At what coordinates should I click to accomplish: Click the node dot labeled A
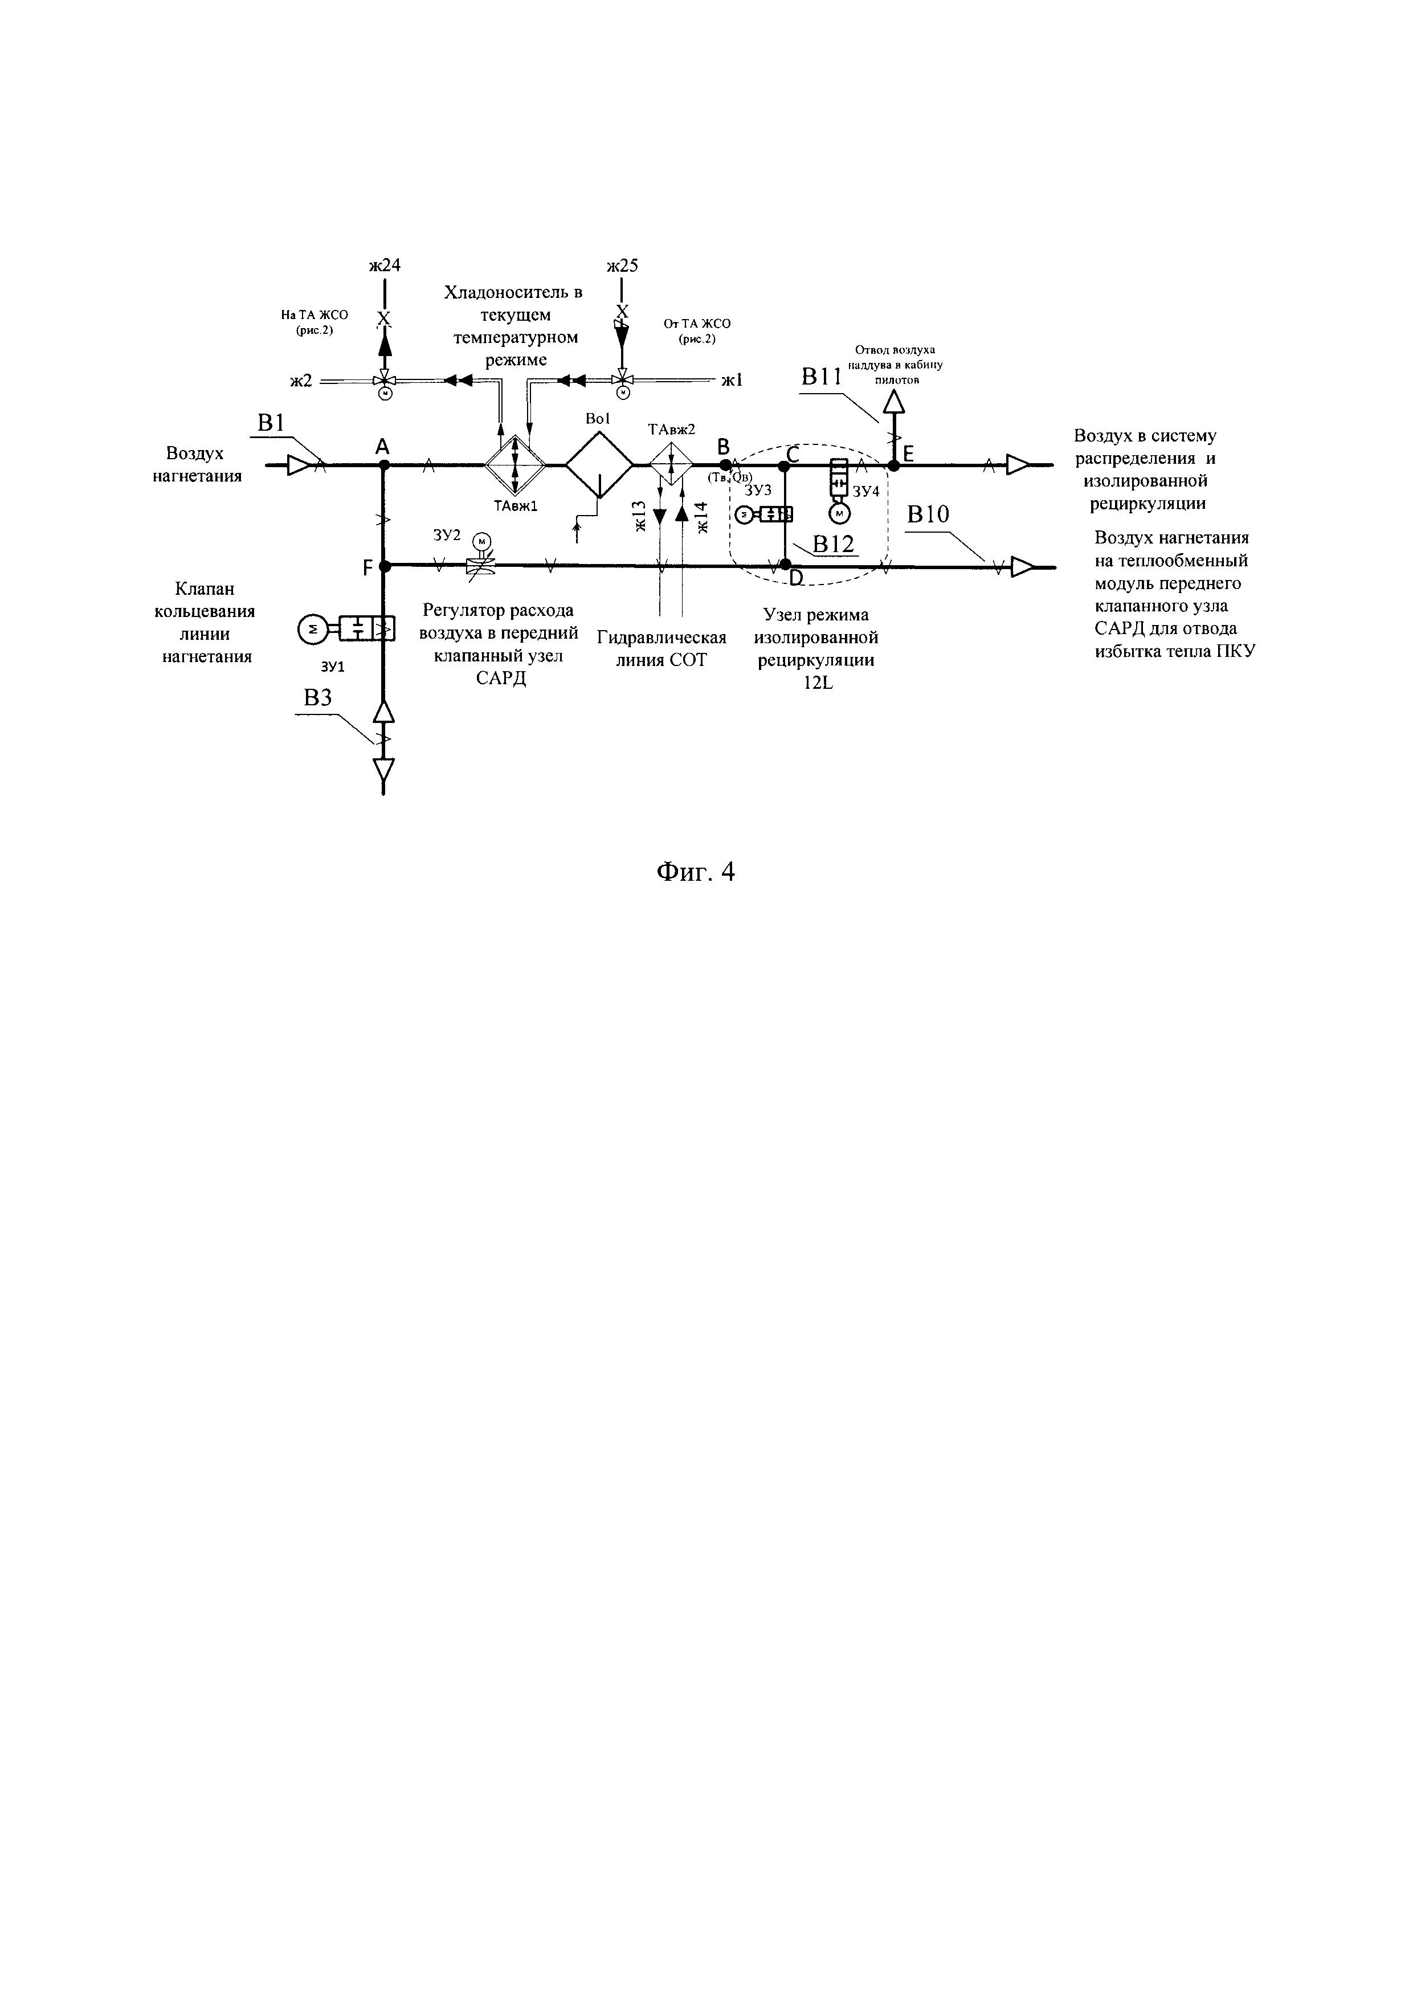pos(383,465)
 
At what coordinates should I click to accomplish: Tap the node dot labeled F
pos(383,566)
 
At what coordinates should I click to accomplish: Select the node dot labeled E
pos(893,465)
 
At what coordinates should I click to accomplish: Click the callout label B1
pos(271,424)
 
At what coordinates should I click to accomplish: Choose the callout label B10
pos(928,515)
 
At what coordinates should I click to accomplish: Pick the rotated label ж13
pos(639,516)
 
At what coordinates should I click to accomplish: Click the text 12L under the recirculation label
pos(818,683)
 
